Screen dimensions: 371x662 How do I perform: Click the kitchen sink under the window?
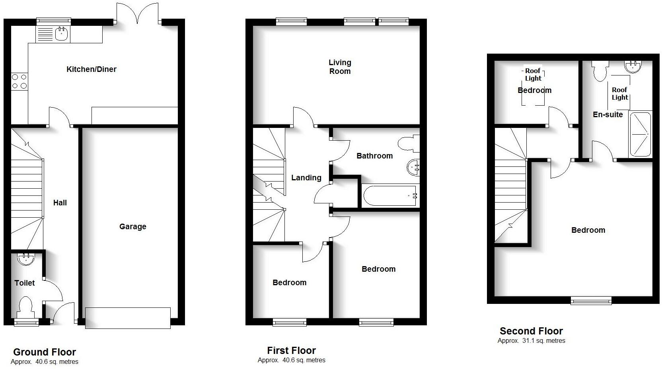click(x=61, y=34)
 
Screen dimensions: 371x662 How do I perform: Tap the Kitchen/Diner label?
click(x=92, y=70)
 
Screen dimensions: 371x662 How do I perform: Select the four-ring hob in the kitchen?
click(x=19, y=81)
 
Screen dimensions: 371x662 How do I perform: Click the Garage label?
click(x=133, y=227)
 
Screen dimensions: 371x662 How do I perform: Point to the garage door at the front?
click(x=128, y=318)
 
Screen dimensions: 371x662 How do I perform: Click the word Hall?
click(x=60, y=203)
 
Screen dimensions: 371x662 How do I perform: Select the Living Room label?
click(x=340, y=67)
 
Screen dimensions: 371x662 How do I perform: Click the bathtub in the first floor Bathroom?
click(x=390, y=195)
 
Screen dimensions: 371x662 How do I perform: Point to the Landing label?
click(x=306, y=178)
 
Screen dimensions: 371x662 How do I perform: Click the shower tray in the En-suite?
click(x=640, y=134)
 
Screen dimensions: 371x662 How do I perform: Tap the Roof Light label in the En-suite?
click(x=620, y=94)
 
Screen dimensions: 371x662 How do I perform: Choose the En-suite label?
click(x=607, y=115)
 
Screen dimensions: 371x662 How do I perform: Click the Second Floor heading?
click(x=531, y=331)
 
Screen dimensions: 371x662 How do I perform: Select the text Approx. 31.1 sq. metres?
click(x=531, y=341)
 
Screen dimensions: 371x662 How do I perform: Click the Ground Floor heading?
click(x=45, y=352)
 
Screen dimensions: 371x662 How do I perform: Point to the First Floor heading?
click(x=291, y=351)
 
